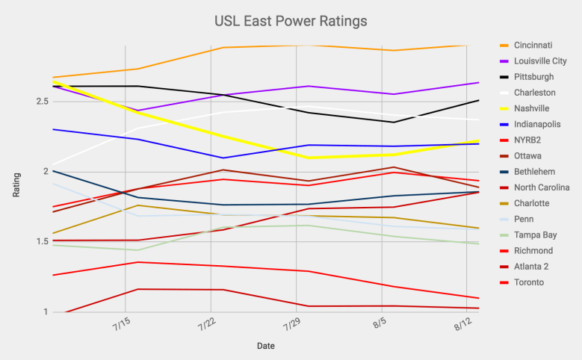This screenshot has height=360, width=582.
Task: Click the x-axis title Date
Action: tap(265, 347)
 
